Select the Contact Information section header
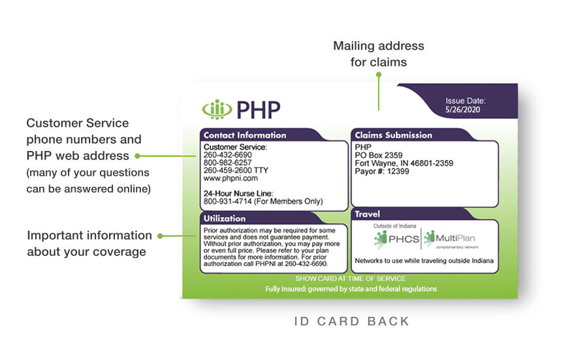pyautogui.click(x=245, y=135)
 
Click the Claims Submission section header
pyautogui.click(x=393, y=135)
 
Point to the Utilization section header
pyautogui.click(x=225, y=218)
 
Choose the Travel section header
pyautogui.click(x=367, y=214)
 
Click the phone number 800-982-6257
pyautogui.click(x=227, y=163)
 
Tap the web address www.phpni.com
pyautogui.click(x=230, y=178)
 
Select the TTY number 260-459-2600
pyautogui.click(x=227, y=171)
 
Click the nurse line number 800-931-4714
pyautogui.click(x=227, y=202)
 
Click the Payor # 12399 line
pyautogui.click(x=382, y=171)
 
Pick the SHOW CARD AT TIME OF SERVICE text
pyautogui.click(x=350, y=279)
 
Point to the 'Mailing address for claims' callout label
pyautogui.click(x=379, y=54)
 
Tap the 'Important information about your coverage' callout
pyautogui.click(x=89, y=243)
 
